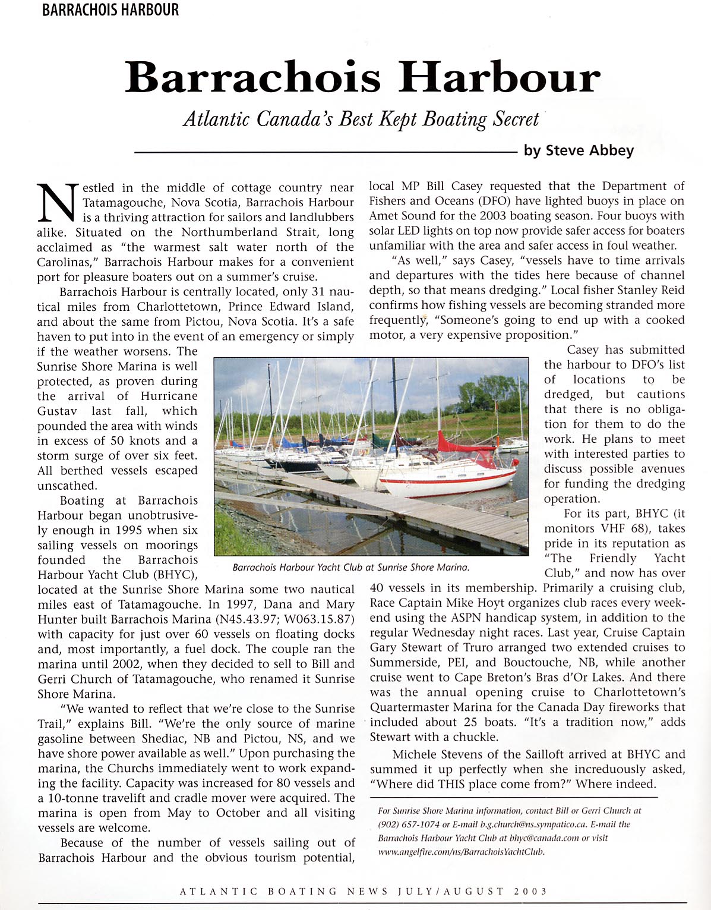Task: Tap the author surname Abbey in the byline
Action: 612,150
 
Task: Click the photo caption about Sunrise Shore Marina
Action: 351,568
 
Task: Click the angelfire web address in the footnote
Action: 461,852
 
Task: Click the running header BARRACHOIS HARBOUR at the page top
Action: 110,10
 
